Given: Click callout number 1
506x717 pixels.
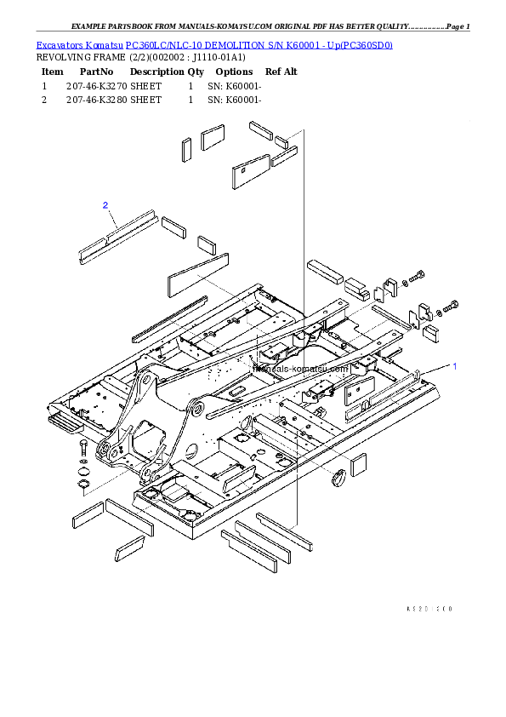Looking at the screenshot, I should pos(454,366).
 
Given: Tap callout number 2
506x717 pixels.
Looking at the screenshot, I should pos(105,205).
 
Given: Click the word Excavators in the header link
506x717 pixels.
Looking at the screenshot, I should pos(56,45).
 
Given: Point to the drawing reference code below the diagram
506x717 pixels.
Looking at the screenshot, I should pos(429,609).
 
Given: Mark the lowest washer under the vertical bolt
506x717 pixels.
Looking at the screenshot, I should pos(84,485).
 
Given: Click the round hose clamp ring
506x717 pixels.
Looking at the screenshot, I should pos(338,476).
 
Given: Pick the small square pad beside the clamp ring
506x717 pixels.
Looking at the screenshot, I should pos(358,463).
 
